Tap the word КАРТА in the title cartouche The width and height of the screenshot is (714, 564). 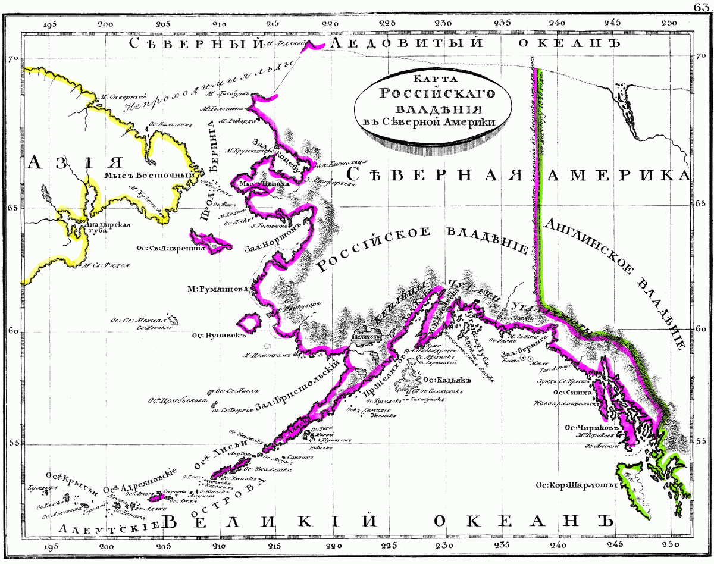click(x=427, y=79)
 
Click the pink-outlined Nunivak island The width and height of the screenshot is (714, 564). click(x=249, y=322)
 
